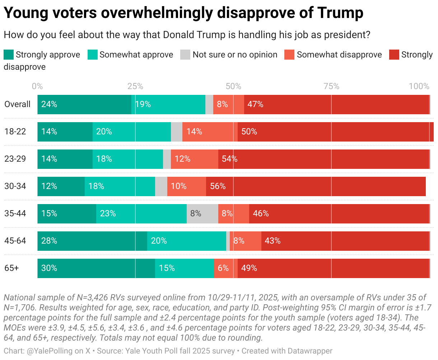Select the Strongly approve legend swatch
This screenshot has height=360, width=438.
point(9,55)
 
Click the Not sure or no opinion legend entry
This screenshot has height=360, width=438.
point(235,55)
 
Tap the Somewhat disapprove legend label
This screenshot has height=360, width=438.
point(339,55)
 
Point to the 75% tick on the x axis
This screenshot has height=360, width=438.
point(331,86)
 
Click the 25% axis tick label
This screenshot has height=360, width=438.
point(135,86)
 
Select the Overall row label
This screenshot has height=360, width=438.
point(17,104)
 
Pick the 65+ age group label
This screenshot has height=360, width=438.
point(11,268)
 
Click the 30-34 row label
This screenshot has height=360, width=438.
point(15,186)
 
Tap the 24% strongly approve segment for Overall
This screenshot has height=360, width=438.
point(84,104)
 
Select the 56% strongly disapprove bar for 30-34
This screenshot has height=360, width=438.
point(316,186)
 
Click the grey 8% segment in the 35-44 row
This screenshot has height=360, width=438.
point(202,213)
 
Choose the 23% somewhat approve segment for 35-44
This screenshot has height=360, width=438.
point(141,213)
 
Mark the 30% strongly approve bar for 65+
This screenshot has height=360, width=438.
point(96,268)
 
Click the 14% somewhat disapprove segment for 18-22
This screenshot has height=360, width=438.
point(210,131)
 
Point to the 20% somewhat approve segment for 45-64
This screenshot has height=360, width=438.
point(186,241)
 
